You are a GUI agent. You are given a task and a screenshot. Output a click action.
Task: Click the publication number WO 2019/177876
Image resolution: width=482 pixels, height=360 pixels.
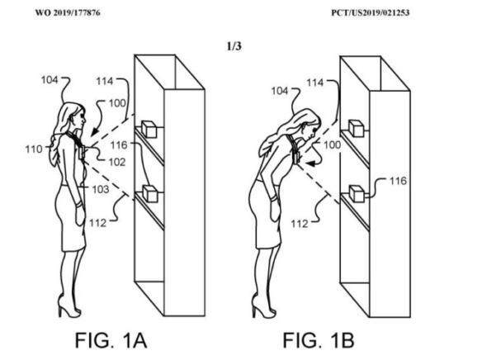[68, 13]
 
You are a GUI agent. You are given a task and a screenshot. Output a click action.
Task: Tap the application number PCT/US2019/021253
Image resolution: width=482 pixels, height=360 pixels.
[370, 13]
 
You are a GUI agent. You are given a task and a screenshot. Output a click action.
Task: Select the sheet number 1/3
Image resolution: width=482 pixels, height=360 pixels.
[234, 46]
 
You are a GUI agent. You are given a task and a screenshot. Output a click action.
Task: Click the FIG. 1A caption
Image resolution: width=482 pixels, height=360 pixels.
[111, 340]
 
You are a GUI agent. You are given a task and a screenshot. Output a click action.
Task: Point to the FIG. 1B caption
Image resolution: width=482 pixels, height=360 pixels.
[319, 340]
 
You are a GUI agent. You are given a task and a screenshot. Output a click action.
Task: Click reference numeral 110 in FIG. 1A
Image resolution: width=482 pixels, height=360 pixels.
[34, 149]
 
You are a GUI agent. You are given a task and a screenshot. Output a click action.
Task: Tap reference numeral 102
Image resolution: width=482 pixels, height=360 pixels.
[117, 162]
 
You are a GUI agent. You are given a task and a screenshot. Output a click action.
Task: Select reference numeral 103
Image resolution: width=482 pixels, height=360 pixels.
[101, 189]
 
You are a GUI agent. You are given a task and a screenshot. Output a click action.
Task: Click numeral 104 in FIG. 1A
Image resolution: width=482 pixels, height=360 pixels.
[50, 80]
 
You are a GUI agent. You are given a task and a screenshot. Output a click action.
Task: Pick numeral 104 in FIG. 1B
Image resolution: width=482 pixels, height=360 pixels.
[280, 91]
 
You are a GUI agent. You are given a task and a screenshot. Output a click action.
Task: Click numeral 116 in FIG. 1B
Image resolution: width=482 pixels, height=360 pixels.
[398, 181]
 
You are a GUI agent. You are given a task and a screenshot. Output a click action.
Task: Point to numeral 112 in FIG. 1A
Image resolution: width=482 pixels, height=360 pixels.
[97, 223]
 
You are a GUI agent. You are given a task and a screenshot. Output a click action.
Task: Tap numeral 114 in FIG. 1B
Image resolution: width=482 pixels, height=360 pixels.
[315, 83]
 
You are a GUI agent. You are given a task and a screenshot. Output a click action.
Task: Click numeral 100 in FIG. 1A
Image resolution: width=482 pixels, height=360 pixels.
[117, 103]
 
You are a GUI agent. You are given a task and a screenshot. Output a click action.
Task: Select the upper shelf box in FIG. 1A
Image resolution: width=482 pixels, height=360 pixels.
[149, 129]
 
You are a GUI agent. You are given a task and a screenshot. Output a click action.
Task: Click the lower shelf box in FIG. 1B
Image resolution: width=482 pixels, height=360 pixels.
[357, 194]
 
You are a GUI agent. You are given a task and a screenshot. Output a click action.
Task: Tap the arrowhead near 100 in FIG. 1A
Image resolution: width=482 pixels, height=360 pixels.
[95, 131]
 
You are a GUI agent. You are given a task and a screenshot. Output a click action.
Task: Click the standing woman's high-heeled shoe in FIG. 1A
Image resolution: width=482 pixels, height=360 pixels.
[69, 307]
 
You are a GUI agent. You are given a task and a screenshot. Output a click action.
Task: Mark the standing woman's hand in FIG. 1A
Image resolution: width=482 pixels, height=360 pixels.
[80, 215]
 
